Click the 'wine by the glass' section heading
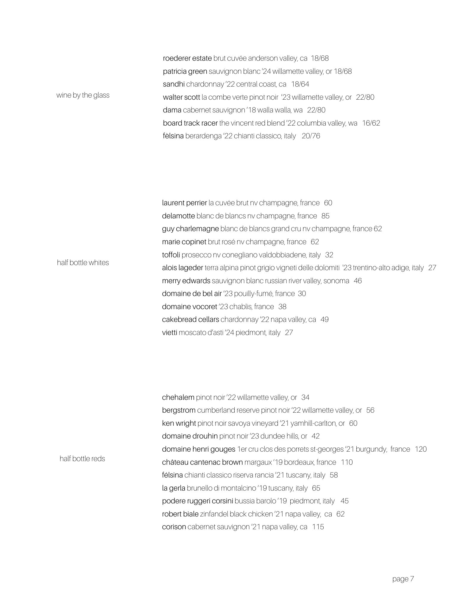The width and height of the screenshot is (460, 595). point(83,95)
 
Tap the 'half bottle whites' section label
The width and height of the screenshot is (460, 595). point(83,262)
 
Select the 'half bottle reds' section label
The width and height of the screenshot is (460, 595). point(82,458)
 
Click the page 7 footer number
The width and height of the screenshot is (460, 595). point(403,579)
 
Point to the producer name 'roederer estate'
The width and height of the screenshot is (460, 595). point(187,58)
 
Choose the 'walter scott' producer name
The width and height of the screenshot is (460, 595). point(181,97)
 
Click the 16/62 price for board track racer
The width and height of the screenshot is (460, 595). point(371,123)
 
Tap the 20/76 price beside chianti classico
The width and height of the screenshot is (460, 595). point(311,136)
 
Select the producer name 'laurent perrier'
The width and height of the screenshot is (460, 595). point(184,203)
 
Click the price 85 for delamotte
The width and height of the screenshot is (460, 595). point(325,216)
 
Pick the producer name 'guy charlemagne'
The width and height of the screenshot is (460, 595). point(190,229)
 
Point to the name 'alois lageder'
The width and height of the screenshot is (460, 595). point(182,268)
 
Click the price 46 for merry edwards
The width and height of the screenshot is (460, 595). point(358,281)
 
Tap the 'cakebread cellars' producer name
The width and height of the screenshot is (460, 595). point(190,320)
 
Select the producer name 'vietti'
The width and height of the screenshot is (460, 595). point(169,333)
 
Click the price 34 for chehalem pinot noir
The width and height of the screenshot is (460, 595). point(305,397)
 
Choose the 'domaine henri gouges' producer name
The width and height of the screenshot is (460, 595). point(199,449)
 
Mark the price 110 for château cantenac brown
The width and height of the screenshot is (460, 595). point(347,462)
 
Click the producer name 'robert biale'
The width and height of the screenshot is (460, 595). point(180,514)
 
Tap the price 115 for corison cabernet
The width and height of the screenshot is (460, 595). point(318,527)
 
